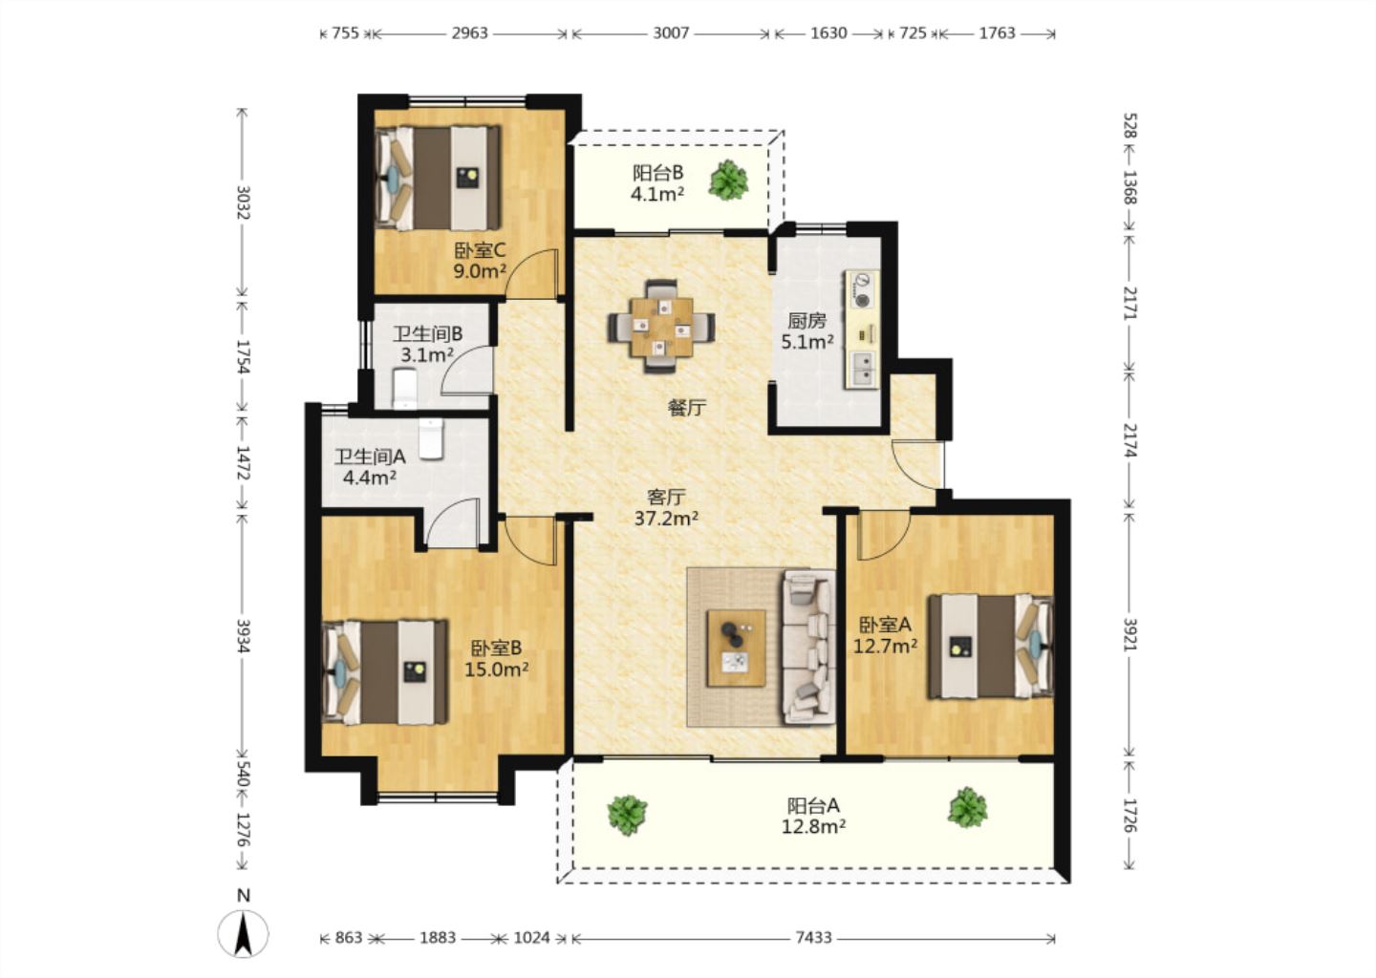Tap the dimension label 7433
814,938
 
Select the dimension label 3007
671,32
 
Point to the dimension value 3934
244,636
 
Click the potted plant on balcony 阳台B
728,180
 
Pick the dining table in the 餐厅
661,327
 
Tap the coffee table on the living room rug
736,648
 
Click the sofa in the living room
808,648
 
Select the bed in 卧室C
438,178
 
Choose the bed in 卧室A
990,646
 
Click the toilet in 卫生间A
431,438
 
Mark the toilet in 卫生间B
404,388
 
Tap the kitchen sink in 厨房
864,369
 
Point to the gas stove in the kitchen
863,290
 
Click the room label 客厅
666,496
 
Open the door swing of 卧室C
532,274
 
